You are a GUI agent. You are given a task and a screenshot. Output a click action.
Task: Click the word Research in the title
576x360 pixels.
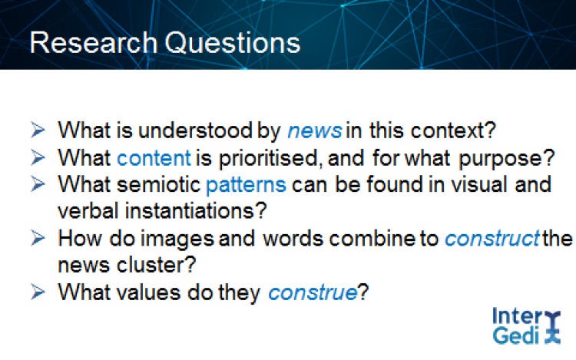93,42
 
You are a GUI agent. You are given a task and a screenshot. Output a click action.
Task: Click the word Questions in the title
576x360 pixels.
233,43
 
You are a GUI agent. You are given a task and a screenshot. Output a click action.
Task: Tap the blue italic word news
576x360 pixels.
315,130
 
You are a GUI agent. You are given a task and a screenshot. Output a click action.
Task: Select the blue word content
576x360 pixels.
154,158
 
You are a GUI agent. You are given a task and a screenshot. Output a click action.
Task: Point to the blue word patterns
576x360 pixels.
246,184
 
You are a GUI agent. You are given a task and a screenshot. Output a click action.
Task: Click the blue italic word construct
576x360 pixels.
492,239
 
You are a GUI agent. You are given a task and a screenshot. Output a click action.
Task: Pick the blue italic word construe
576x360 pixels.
313,292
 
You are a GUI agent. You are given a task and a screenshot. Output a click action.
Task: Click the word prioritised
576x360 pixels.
269,159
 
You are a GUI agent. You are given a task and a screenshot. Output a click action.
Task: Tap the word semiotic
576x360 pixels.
159,184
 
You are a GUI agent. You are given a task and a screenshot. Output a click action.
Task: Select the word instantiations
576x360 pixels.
192,211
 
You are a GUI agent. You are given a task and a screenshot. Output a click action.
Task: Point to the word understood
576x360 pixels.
195,130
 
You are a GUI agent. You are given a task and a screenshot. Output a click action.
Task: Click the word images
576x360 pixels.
177,239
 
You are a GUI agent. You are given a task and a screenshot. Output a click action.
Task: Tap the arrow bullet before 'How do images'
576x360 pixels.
38,238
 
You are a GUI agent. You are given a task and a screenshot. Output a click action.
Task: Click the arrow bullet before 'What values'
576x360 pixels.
38,292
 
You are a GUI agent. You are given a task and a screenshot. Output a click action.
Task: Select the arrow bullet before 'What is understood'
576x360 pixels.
38,130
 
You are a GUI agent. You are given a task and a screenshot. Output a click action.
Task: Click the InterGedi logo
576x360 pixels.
526,326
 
